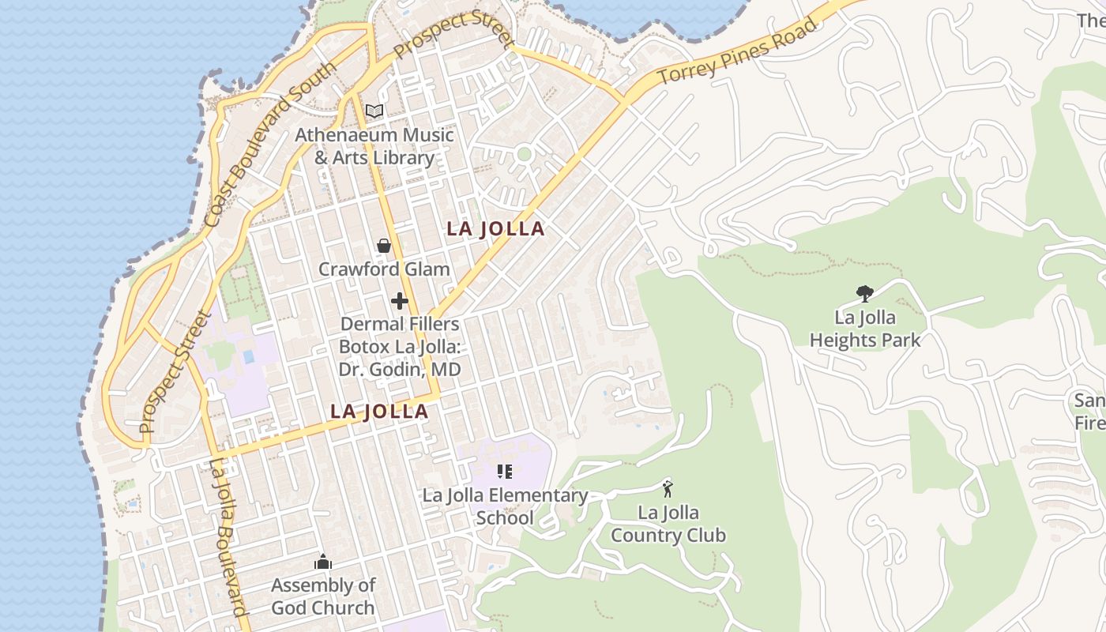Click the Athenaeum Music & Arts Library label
point(374,146)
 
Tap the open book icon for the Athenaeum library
point(374,111)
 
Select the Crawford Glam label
point(384,269)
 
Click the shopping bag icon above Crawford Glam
point(384,246)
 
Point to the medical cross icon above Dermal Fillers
point(400,301)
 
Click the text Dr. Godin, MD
point(400,370)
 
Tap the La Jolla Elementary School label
point(505,507)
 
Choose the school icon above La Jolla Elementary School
point(505,472)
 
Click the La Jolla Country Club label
point(668,524)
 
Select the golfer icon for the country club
point(668,489)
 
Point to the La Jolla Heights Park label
point(865,329)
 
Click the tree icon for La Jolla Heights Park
point(865,294)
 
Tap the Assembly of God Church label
point(323,596)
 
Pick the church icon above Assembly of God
point(323,562)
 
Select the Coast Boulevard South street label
point(269,145)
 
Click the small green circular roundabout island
point(524,154)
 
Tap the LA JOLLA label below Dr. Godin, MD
point(379,412)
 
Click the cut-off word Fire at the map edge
point(1090,423)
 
